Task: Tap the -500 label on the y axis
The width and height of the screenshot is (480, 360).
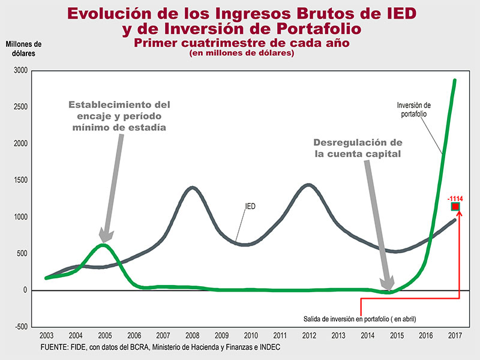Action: [20, 326]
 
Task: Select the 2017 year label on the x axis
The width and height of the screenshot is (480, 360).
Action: [454, 335]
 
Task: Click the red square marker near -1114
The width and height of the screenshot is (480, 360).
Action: [455, 207]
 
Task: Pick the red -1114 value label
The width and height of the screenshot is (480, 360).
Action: [455, 197]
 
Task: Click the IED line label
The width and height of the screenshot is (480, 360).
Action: [251, 206]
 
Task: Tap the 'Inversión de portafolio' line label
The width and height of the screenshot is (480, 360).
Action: [413, 110]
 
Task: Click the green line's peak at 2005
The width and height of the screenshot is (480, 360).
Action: [103, 245]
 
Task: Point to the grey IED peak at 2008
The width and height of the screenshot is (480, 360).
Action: [192, 188]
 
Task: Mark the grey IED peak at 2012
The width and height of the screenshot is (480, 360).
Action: [308, 185]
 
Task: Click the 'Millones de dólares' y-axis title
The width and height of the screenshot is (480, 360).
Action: [23, 48]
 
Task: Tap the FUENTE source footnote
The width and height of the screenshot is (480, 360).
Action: [160, 347]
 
